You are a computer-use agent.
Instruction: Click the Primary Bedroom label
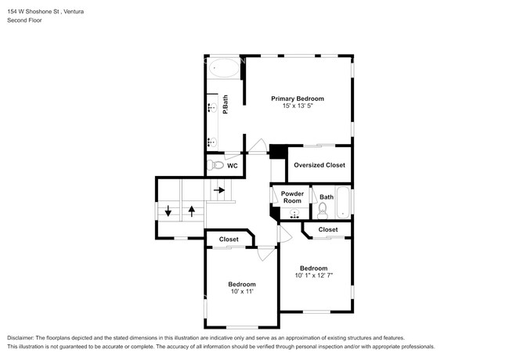tap(298, 99)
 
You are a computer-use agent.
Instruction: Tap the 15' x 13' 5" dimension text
tap(298, 106)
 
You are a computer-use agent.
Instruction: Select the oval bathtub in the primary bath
tap(224, 68)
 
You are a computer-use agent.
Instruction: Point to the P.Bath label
tap(226, 104)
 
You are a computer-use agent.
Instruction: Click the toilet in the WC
tap(215, 165)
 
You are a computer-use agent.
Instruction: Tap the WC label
tap(233, 166)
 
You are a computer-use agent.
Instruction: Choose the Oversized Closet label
tap(319, 165)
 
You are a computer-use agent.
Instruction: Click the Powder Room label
tap(292, 197)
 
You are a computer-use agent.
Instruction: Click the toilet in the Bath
tap(323, 211)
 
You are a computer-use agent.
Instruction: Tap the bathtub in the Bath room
tap(343, 202)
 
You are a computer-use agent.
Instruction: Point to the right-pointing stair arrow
tap(219, 190)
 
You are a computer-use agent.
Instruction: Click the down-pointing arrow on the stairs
tap(168, 211)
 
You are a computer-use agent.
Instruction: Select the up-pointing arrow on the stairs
tap(192, 211)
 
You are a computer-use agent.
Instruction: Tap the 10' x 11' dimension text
tap(242, 291)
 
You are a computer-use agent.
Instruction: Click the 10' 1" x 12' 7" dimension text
tap(314, 275)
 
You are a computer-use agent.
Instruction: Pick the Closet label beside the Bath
tap(328, 229)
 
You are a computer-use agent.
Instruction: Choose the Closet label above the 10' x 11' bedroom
tap(229, 239)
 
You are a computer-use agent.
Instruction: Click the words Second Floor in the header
tap(25, 20)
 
